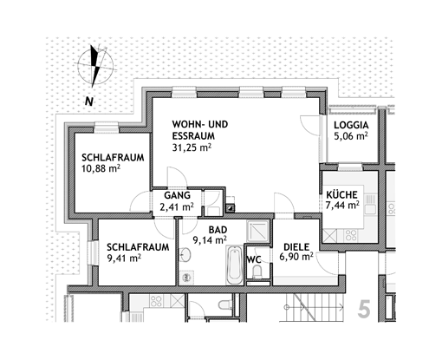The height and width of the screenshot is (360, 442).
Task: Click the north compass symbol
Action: click(x=95, y=66)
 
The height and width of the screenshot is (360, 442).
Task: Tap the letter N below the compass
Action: click(x=89, y=101)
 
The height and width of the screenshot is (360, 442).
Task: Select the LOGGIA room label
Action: click(x=351, y=125)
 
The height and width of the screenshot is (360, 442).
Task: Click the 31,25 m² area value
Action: click(x=192, y=147)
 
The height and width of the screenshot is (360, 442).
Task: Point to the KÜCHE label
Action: click(x=341, y=194)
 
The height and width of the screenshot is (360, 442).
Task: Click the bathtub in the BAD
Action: click(x=234, y=265)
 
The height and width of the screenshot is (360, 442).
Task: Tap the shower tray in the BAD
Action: click(x=258, y=232)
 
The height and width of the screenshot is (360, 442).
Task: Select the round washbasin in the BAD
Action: click(x=185, y=255)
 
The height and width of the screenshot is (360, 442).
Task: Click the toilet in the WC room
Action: click(x=257, y=272)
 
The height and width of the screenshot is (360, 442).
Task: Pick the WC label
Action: click(x=254, y=259)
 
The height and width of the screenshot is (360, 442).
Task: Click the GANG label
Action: click(x=178, y=195)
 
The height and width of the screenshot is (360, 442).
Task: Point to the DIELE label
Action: click(x=296, y=247)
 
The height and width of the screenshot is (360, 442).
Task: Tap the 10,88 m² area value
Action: click(x=101, y=168)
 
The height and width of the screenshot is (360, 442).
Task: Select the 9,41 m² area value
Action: click(x=124, y=258)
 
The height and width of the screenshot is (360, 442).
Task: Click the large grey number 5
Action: click(x=364, y=309)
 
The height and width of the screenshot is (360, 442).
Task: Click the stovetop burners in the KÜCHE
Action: click(x=351, y=235)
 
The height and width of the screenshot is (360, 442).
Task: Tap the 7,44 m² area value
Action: click(x=342, y=206)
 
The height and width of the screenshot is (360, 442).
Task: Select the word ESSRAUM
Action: click(x=193, y=136)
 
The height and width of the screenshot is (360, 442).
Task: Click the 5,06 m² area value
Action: click(x=351, y=136)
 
